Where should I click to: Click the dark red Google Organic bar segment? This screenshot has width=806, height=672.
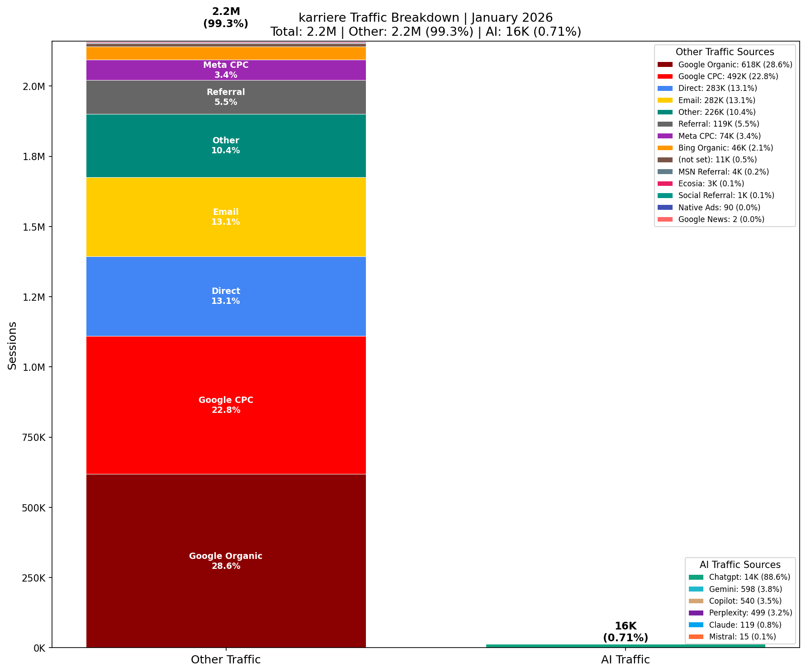(x=226, y=520)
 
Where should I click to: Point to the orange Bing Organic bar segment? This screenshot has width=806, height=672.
(x=226, y=53)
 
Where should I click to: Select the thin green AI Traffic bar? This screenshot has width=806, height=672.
(x=626, y=646)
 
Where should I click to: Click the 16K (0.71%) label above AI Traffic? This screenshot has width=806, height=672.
(x=626, y=632)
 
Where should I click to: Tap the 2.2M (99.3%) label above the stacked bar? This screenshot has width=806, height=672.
(x=226, y=18)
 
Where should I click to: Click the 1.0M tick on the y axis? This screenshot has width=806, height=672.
(x=33, y=367)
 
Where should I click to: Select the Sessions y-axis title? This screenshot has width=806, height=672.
(x=12, y=345)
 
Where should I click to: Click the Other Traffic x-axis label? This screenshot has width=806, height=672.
(x=226, y=660)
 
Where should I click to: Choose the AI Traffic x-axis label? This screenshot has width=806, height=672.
(x=626, y=660)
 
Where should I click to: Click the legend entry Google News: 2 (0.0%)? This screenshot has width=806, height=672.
(x=721, y=219)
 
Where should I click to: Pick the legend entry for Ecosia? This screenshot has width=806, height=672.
(x=711, y=184)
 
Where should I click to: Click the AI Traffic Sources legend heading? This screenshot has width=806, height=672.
(x=740, y=565)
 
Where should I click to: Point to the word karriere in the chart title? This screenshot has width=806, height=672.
(x=319, y=18)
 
